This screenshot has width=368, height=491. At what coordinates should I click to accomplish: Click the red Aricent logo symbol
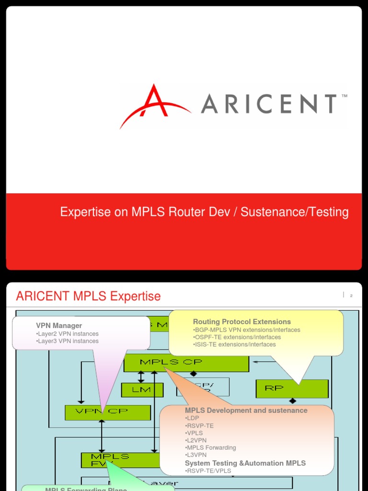(152, 106)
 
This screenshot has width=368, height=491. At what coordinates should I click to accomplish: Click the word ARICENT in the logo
(269, 104)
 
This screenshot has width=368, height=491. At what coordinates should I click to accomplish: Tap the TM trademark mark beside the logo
(344, 96)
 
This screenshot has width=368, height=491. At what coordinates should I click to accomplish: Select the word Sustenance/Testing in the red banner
(295, 212)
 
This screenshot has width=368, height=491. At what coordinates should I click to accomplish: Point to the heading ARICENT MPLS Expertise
(88, 296)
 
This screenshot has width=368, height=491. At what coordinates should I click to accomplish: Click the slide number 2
(351, 296)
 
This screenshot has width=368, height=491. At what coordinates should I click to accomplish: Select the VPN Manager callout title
(59, 326)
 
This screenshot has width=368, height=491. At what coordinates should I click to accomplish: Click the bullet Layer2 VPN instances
(68, 334)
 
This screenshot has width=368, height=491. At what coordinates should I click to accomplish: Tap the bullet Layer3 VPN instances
(68, 341)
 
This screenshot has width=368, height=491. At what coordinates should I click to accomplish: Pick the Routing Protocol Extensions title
(242, 322)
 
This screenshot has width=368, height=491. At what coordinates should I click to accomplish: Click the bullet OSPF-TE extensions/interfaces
(237, 337)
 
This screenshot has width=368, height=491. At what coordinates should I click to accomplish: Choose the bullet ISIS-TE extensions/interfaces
(235, 344)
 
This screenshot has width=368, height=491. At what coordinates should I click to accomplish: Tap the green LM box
(142, 390)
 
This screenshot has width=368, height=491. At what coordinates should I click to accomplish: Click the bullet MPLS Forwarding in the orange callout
(211, 447)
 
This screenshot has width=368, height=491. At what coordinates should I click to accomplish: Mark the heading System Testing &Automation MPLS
(245, 463)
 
